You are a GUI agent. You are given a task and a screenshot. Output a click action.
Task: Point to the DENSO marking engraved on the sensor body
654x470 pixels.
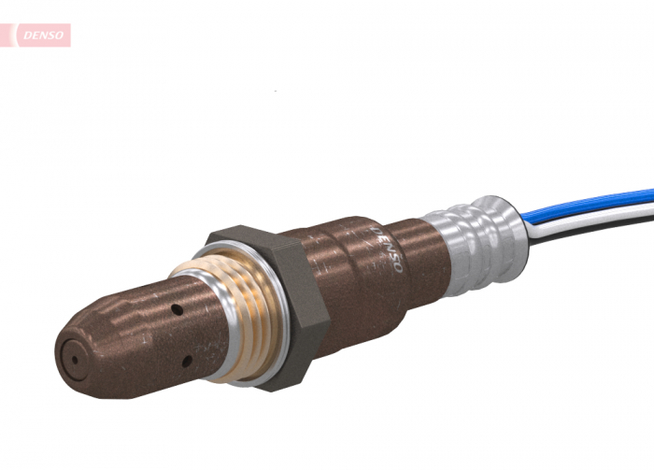pyautogui.click(x=387, y=248)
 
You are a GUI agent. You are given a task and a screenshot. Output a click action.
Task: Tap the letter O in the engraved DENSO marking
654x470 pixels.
pyautogui.click(x=396, y=267)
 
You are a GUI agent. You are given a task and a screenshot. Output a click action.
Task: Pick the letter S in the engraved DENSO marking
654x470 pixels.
pyautogui.click(x=391, y=257)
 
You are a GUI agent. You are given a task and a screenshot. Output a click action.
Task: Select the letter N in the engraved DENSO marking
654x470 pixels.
pyautogui.click(x=387, y=248)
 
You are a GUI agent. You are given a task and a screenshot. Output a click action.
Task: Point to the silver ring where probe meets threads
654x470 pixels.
pyautogui.click(x=211, y=322)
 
